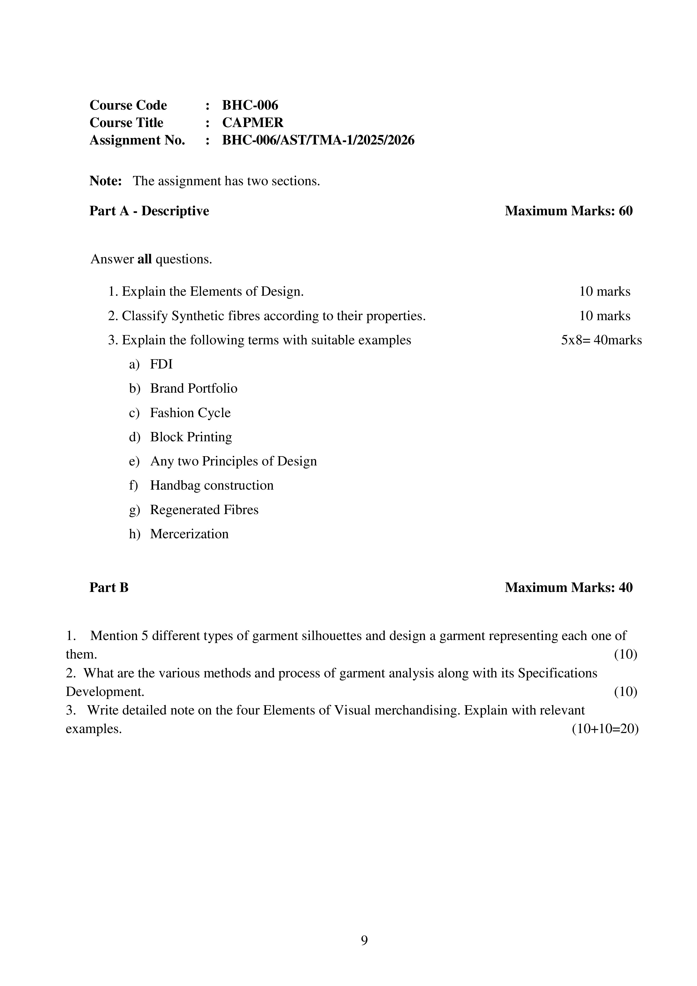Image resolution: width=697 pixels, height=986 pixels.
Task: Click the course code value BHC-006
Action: coord(250,105)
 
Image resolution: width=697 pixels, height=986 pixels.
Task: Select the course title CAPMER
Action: coord(252,123)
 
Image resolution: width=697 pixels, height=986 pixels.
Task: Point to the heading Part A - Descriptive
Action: coord(149,211)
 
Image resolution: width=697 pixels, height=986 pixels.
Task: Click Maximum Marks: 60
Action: coord(568,211)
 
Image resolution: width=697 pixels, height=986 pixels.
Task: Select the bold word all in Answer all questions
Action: coord(144,259)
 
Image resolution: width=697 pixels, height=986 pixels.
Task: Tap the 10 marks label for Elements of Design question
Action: coord(604,291)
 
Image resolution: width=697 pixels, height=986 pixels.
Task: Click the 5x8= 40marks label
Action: coord(601,340)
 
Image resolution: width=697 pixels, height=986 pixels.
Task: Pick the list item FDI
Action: coord(161,364)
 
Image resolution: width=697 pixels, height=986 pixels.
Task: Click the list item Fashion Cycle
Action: coord(190,413)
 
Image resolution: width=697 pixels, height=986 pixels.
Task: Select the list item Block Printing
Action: coord(191,437)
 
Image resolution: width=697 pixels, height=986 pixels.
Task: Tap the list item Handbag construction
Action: coord(211,485)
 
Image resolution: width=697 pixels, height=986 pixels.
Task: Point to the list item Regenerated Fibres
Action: coord(204,510)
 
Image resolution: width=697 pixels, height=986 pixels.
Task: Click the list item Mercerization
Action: coord(189,534)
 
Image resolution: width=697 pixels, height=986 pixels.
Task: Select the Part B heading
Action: coord(109,587)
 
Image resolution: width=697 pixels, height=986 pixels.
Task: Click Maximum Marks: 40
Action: coord(568,587)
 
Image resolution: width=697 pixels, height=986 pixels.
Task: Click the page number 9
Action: coord(364,940)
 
